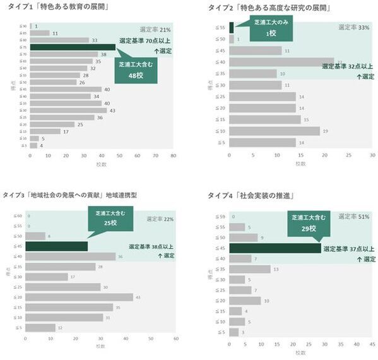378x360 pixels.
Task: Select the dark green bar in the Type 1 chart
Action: [x=73, y=47]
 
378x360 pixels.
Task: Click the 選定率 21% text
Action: [x=155, y=29]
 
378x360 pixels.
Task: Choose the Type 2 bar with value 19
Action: [x=274, y=131]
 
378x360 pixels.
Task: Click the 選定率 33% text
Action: [x=354, y=27]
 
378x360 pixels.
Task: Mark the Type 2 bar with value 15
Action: [x=264, y=119]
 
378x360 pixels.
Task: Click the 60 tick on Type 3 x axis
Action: [x=175, y=339]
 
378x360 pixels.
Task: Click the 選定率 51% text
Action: [x=355, y=217]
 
